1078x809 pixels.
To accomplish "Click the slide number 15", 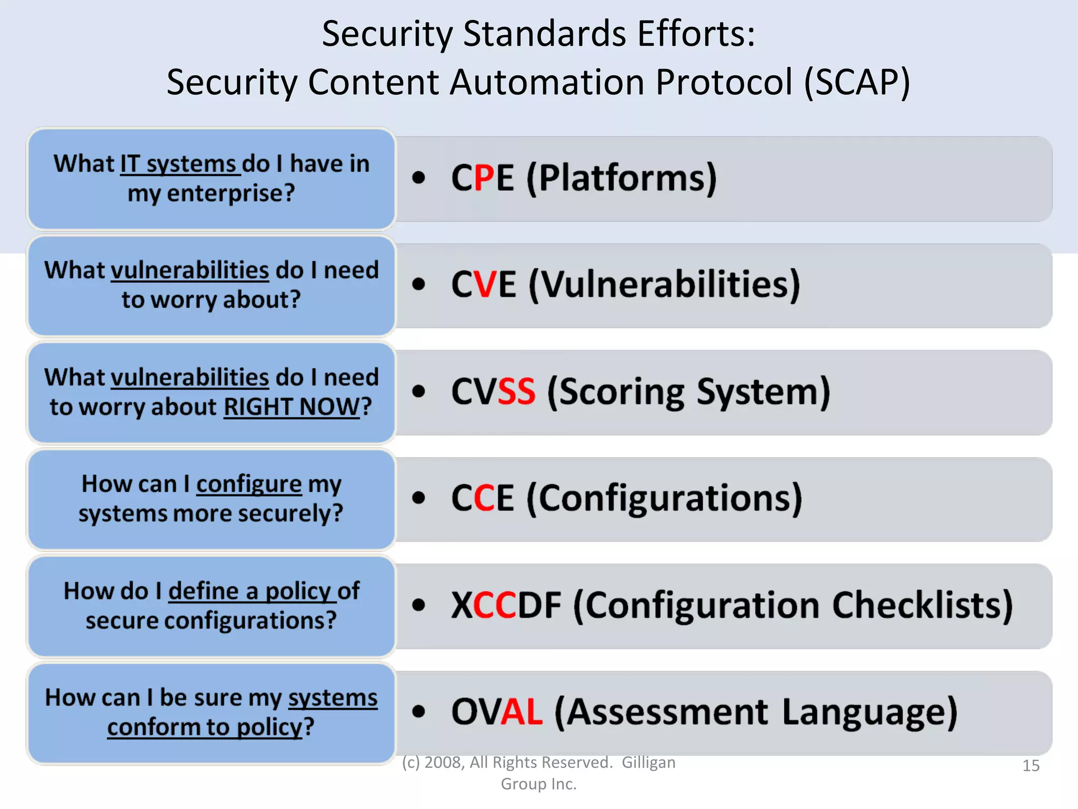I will click(1031, 765).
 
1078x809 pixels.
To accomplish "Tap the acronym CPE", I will click(482, 177).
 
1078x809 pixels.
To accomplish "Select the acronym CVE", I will click(483, 284).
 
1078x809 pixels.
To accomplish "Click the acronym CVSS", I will click(493, 391).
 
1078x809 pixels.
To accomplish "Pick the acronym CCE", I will click(482, 498).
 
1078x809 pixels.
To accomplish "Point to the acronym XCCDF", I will click(506, 605).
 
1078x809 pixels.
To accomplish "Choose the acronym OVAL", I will click(496, 712).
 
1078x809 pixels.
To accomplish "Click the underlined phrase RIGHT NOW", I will click(292, 407).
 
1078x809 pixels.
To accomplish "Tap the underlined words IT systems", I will click(180, 164).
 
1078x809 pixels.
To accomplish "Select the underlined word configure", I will click(249, 484).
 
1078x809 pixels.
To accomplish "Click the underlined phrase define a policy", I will click(252, 591).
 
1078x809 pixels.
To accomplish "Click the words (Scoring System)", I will click(688, 391).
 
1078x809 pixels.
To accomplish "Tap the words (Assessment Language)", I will click(756, 712).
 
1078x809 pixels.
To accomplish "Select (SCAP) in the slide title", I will click(857, 82).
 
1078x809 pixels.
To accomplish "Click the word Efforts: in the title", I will click(696, 34).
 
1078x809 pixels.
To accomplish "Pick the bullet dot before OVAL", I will click(418, 712).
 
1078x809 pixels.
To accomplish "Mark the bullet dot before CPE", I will click(418, 177).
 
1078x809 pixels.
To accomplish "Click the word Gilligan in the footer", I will click(648, 762).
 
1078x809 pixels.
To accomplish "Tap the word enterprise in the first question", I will click(231, 193).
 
